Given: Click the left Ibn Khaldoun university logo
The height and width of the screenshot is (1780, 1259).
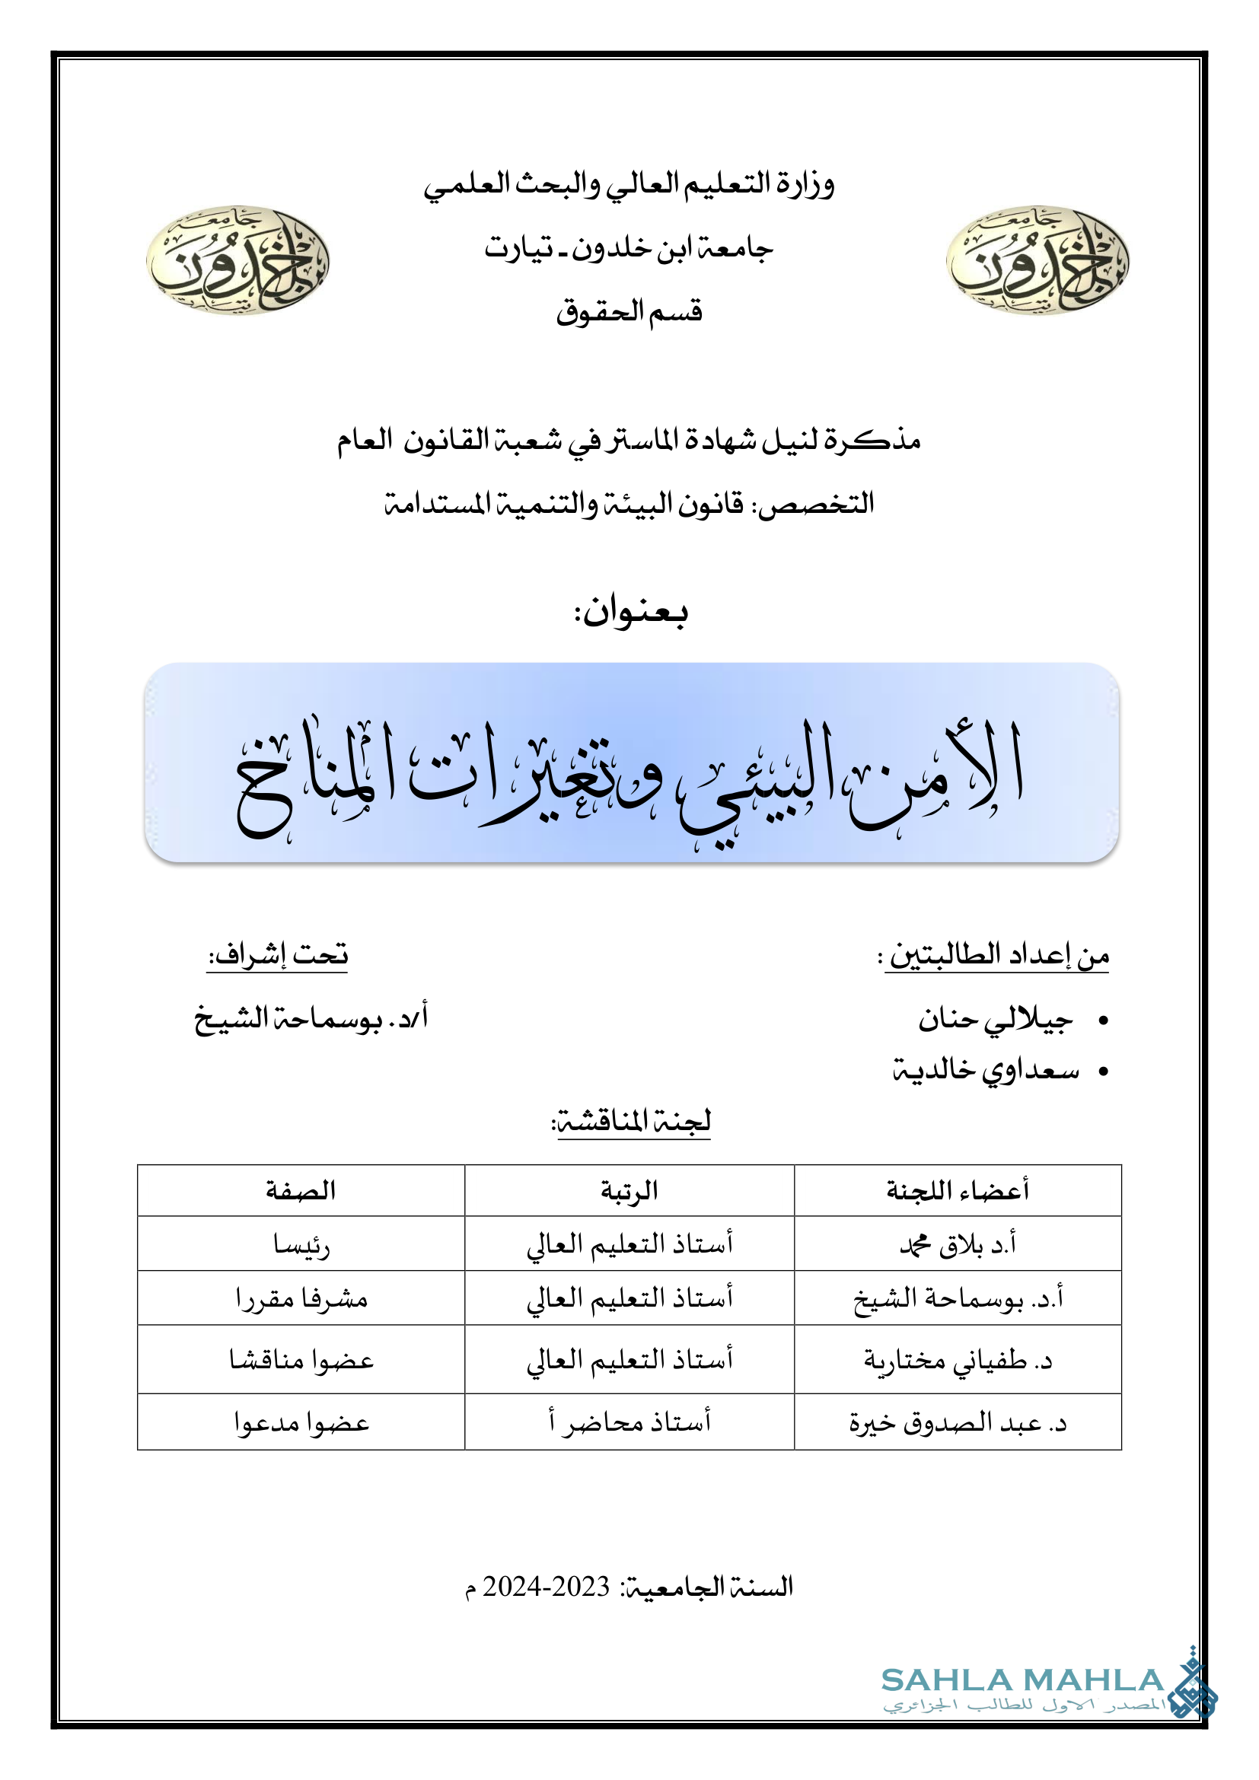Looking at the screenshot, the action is tap(237, 260).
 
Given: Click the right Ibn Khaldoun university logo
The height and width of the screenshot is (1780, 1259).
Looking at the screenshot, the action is tap(1037, 260).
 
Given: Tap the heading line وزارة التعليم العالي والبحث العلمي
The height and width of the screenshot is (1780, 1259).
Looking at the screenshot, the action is tap(629, 184).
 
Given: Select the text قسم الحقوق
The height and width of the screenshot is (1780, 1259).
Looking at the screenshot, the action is tap(629, 312).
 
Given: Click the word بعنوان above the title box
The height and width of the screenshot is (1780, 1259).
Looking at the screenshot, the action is tap(630, 612).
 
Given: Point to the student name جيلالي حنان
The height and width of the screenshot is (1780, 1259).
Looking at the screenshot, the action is tap(996, 1019).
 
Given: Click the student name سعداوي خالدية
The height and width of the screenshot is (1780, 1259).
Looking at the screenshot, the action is tap(985, 1070).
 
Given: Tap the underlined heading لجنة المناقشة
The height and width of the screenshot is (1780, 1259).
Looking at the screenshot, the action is tap(630, 1122).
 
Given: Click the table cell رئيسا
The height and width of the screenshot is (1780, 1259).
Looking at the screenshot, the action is tap(301, 1245).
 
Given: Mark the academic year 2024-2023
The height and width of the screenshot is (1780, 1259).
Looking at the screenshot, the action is tap(546, 1587).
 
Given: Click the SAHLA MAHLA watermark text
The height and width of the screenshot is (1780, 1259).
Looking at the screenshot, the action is tap(1022, 1680).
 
